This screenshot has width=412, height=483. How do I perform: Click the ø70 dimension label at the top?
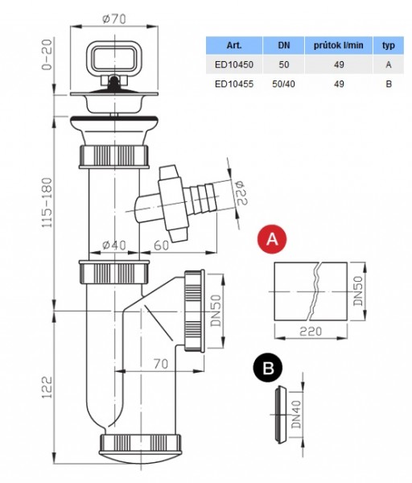pyautogui.click(x=114, y=19)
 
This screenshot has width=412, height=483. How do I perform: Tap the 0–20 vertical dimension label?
pyautogui.click(x=47, y=55)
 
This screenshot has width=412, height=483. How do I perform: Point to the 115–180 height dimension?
pyautogui.click(x=47, y=202)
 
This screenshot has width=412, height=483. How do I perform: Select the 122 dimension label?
pyautogui.click(x=47, y=387)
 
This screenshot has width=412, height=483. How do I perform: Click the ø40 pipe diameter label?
pyautogui.click(x=114, y=246)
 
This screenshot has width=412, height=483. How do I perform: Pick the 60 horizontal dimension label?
pyautogui.click(x=162, y=246)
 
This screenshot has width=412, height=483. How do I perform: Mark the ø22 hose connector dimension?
pyautogui.click(x=242, y=193)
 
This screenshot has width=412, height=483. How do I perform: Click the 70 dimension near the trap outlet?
pyautogui.click(x=161, y=364)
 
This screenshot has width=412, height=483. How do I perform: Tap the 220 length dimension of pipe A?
pyautogui.click(x=311, y=332)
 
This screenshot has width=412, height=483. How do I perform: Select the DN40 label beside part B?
pyautogui.click(x=297, y=415)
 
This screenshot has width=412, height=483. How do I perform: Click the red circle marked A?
pyautogui.click(x=272, y=239)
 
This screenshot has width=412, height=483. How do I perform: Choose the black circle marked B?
pyautogui.click(x=268, y=367)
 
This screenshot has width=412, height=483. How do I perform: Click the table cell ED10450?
pyautogui.click(x=234, y=64)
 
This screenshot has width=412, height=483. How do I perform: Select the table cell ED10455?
pyautogui.click(x=234, y=84)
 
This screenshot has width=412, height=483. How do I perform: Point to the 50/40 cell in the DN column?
pyautogui.click(x=283, y=84)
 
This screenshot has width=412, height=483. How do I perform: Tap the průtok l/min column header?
pyautogui.click(x=339, y=45)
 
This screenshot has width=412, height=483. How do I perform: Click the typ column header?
pyautogui.click(x=389, y=46)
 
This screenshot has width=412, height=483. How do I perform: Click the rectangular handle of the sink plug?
pyautogui.click(x=114, y=58)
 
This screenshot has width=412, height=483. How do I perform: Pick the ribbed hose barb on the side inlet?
pyautogui.click(x=203, y=198)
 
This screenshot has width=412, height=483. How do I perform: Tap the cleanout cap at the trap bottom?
pyautogui.click(x=140, y=448)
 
